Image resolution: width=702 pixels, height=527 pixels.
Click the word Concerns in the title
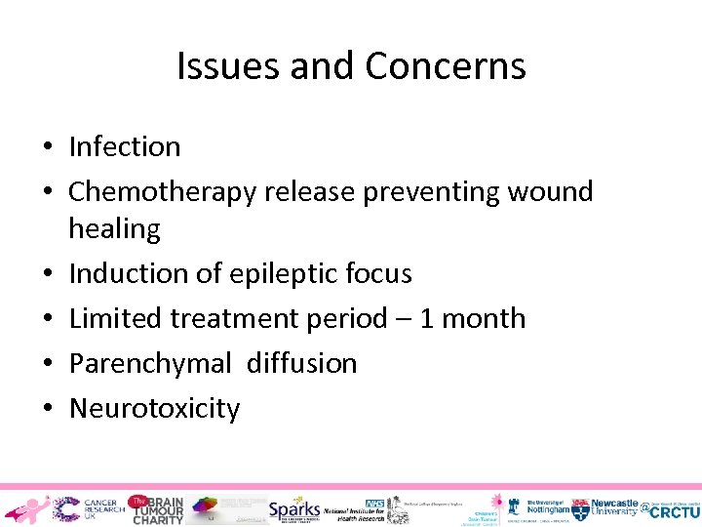[x=446, y=66]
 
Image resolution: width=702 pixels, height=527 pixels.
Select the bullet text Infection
[x=125, y=147]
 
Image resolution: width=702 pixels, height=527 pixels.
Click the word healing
[x=114, y=229]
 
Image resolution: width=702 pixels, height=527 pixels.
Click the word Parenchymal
[x=150, y=364]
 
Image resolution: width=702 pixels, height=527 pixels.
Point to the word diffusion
[x=301, y=364]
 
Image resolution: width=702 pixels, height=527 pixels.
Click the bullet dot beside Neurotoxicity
[x=47, y=409]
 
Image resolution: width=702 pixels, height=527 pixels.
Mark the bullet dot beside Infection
[x=47, y=148]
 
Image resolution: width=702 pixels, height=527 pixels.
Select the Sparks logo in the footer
[x=293, y=508]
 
